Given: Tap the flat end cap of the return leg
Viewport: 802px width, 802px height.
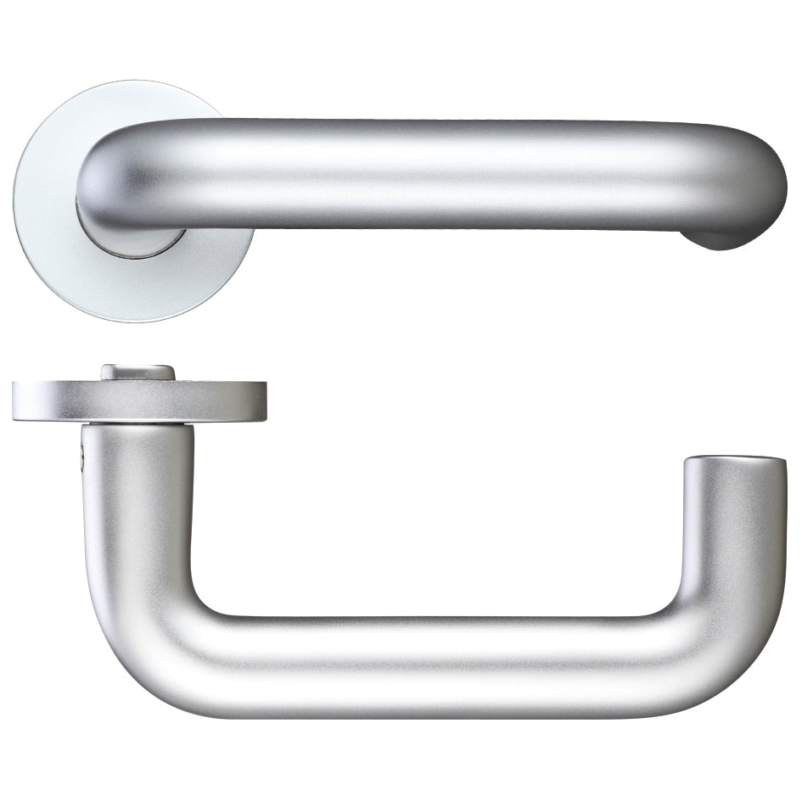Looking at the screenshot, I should [x=734, y=463].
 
